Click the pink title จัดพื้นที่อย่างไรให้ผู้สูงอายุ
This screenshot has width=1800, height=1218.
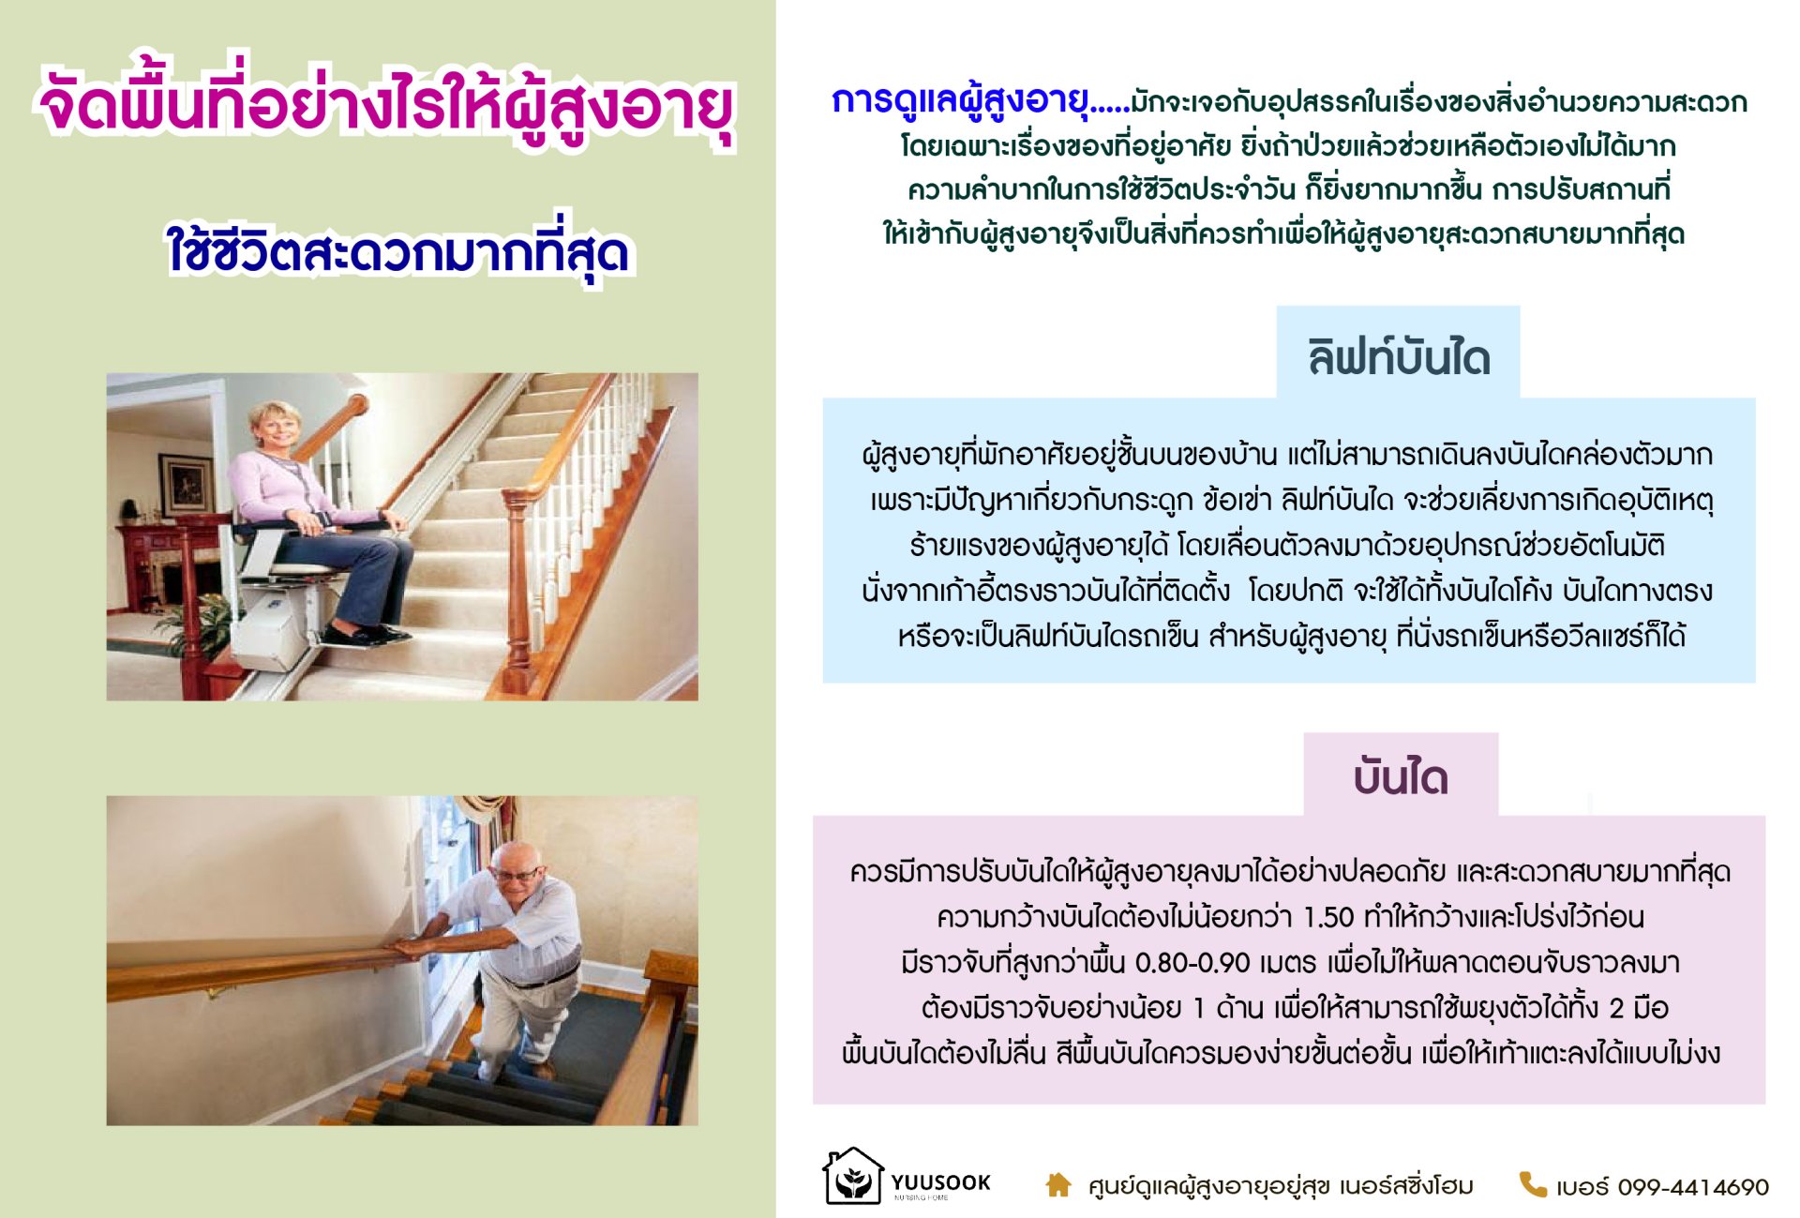[386, 105]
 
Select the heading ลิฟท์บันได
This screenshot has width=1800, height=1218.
[1399, 357]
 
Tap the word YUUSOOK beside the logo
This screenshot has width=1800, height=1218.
[940, 1182]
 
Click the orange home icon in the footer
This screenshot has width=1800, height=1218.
[1058, 1185]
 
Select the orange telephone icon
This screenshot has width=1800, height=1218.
[1532, 1184]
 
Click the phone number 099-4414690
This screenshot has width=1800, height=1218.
[1693, 1187]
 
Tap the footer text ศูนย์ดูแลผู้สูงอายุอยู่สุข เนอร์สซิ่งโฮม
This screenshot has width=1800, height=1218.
[1281, 1186]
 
